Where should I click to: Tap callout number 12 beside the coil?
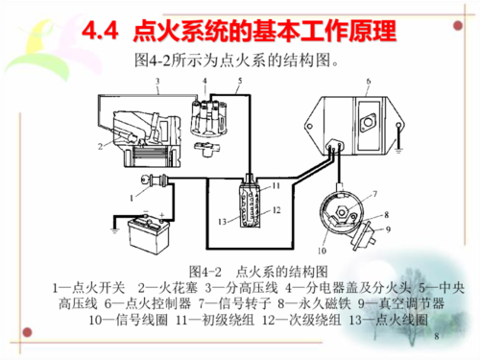[276, 207]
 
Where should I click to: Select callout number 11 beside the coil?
[276, 183]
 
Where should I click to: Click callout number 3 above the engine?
[155, 85]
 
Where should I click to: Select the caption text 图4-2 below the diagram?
[207, 271]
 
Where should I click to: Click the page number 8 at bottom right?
[437, 337]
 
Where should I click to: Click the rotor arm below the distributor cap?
[204, 148]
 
